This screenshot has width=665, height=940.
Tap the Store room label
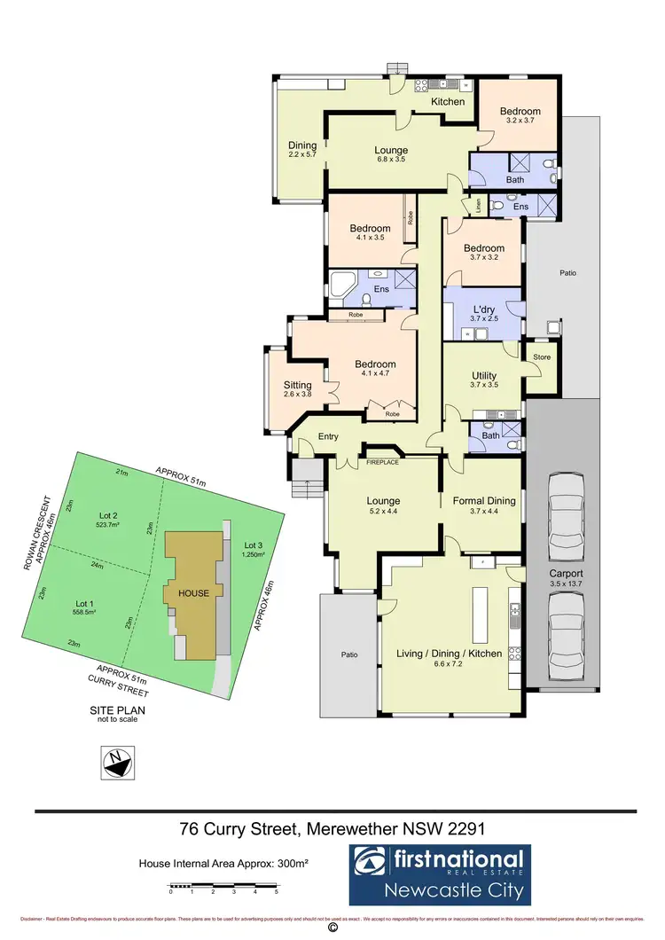541,357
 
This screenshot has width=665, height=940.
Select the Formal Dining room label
484,501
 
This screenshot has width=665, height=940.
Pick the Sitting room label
298,385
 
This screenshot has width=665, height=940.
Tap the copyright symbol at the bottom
332,928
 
